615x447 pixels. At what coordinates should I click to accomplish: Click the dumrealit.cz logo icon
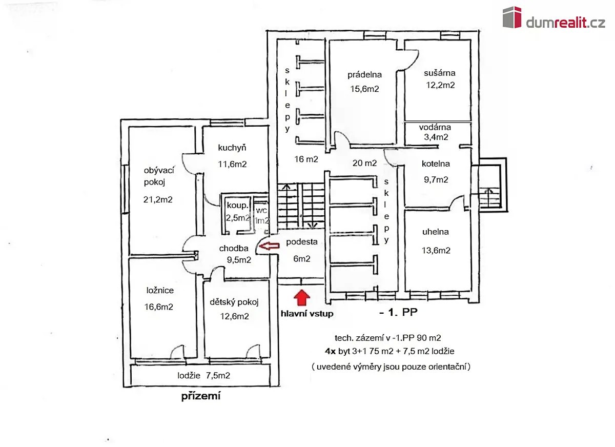[512, 17]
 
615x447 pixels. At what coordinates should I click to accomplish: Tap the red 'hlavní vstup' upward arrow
[302, 297]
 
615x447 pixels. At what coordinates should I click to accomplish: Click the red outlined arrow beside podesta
[270, 246]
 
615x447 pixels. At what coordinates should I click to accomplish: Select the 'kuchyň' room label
[232, 148]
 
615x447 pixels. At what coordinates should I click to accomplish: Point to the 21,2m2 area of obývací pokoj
[158, 199]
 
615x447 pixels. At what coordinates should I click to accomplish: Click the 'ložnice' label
[160, 290]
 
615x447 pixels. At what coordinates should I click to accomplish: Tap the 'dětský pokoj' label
[234, 302]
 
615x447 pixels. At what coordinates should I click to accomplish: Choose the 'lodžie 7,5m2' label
[204, 375]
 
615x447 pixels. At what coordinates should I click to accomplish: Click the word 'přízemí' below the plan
[201, 396]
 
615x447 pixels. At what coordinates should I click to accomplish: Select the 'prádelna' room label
[364, 75]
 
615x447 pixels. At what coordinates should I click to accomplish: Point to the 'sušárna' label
[440, 73]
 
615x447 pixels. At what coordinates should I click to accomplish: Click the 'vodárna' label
[435, 127]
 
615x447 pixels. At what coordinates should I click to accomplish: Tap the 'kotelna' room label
[436, 164]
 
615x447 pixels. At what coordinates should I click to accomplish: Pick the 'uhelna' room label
[436, 232]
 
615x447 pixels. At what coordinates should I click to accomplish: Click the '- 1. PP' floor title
[398, 312]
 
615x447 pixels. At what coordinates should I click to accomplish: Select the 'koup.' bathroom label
[237, 205]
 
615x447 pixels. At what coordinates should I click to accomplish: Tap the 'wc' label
[261, 210]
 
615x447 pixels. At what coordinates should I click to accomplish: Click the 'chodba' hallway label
[234, 248]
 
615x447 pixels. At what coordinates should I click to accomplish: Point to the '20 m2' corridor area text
[364, 163]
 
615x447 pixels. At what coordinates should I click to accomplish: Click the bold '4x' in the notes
[330, 351]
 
